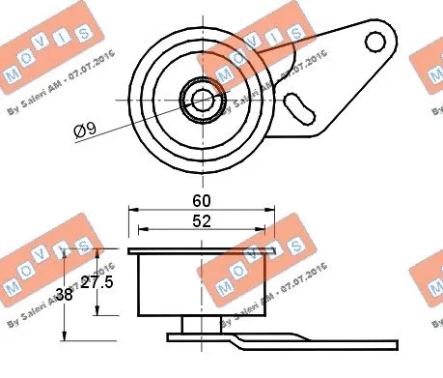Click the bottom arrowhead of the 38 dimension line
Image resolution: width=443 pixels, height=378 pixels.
coord(64,337)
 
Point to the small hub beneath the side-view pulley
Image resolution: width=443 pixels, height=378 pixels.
coord(201,324)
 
